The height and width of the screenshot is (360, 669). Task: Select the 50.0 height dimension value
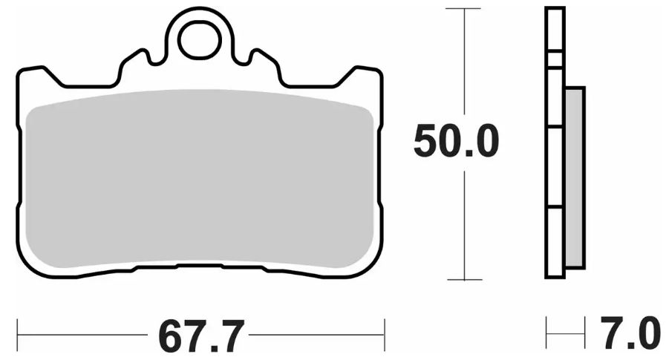point(455,142)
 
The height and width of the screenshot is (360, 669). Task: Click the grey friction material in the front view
point(199,178)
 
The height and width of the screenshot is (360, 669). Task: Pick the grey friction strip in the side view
point(575,177)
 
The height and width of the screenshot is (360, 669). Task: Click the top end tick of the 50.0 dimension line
point(465,9)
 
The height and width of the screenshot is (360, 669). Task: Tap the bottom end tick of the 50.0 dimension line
point(465,280)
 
